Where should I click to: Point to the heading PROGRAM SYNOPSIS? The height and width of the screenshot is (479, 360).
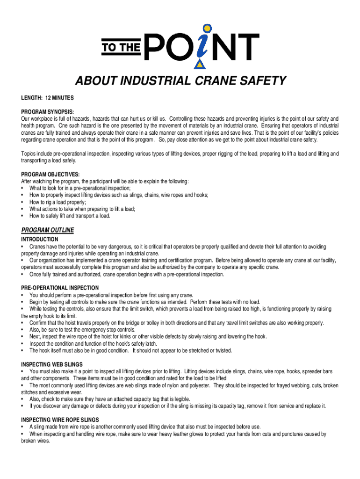pyautogui.click(x=47, y=112)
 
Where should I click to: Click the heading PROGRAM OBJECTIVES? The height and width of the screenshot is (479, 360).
pyautogui.click(x=49, y=174)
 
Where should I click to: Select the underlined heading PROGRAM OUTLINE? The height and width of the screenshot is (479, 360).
pyautogui.click(x=48, y=230)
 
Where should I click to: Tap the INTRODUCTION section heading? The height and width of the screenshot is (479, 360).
pyautogui.click(x=40, y=239)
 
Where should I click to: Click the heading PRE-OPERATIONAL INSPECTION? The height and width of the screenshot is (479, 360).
pyautogui.click(x=60, y=288)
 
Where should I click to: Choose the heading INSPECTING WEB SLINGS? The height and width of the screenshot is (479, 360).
pyautogui.click(x=52, y=364)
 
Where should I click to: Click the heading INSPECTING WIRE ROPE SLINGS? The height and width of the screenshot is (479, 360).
pyautogui.click(x=60, y=420)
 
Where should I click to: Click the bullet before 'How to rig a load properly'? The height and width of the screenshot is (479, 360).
pyautogui.click(x=23, y=202)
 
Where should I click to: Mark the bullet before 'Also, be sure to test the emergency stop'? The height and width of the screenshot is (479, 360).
pyautogui.click(x=23, y=330)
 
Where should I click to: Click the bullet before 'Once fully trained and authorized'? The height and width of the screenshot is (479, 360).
pyautogui.click(x=23, y=275)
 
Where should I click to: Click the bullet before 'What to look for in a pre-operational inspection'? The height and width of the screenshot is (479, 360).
pyautogui.click(x=23, y=188)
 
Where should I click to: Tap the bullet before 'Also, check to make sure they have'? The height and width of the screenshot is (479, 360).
pyautogui.click(x=23, y=399)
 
